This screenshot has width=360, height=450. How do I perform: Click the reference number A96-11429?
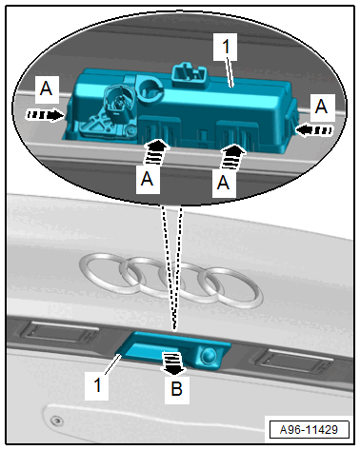pyautogui.click(x=309, y=430)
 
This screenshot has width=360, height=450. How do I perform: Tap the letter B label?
pyautogui.click(x=177, y=389)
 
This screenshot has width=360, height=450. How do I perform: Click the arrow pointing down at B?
pyautogui.click(x=172, y=363)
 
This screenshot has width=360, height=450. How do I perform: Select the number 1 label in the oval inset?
pyautogui.click(x=226, y=47)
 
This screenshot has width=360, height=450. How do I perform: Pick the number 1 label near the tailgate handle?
pyautogui.click(x=97, y=385)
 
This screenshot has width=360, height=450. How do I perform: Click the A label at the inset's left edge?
pyautogui.click(x=47, y=88)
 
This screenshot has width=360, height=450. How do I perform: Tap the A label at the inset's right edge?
pyautogui.click(x=322, y=108)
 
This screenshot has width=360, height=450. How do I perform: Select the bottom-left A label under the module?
pyautogui.click(x=148, y=180)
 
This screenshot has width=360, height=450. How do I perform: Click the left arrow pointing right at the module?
pyautogui.click(x=45, y=115)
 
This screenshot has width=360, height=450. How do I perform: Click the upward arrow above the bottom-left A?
pyautogui.click(x=155, y=153)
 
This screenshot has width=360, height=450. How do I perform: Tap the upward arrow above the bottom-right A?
pyautogui.click(x=232, y=157)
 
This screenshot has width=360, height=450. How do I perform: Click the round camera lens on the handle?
pyautogui.click(x=209, y=355)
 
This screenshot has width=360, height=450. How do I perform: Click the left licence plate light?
pyautogui.click(x=59, y=333)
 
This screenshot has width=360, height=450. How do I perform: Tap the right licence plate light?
pyautogui.click(x=294, y=361)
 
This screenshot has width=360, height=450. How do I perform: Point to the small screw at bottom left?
pyautogui.click(x=57, y=421)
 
